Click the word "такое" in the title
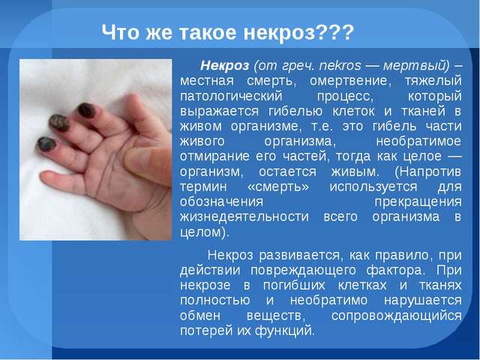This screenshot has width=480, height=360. pos(208,32)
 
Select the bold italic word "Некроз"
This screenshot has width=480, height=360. pos(225,65)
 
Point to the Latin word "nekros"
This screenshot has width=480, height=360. pos(340,65)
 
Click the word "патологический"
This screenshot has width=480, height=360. pos(231,97)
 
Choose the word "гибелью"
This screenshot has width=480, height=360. pos(295,111)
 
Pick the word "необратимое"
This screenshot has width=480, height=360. pos(418,141)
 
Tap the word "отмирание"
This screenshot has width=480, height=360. pos(214,157)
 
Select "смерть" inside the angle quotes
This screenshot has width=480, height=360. pos(278,187)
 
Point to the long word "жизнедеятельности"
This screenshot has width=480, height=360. pos(244,217)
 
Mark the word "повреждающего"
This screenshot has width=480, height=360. pos(303,271)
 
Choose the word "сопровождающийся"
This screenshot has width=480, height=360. pos(396,316)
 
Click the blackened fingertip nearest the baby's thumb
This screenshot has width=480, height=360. pos(86,110)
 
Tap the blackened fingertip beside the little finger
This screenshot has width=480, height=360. pos(46,144)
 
